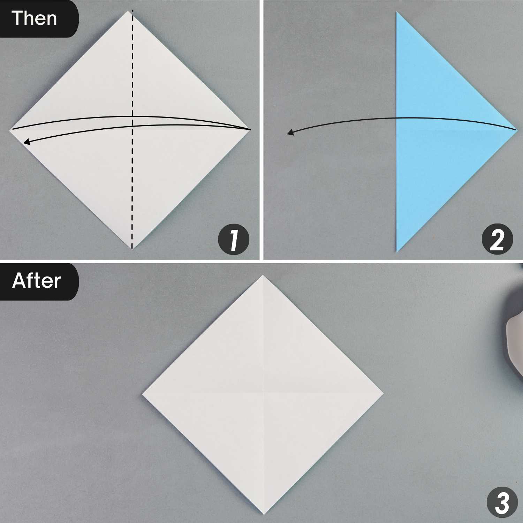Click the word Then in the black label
[34, 18]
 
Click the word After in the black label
[36, 281]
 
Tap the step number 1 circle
[234, 240]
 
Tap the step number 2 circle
[497, 240]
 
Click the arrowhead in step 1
[25, 142]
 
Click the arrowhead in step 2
[290, 132]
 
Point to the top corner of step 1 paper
[132, 12]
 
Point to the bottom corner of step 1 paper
[132, 249]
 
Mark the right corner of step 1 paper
[250, 130]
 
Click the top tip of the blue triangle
[397, 12]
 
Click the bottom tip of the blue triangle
[397, 251]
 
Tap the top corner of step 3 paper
[263, 275]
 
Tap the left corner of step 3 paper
[143, 395]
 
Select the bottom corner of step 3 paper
[263, 515]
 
